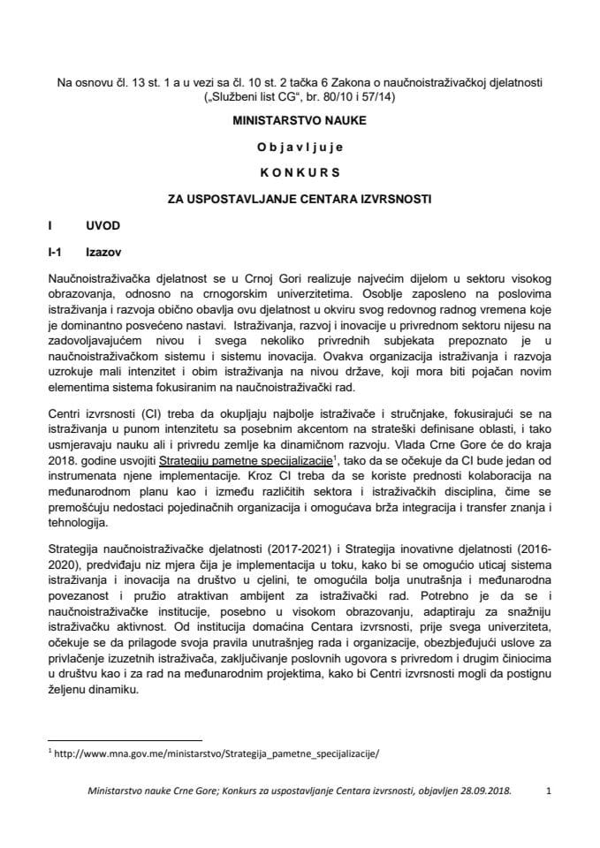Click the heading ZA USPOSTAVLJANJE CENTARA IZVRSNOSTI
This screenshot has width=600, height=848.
(x=300, y=199)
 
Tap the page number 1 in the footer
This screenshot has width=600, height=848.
(x=549, y=793)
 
